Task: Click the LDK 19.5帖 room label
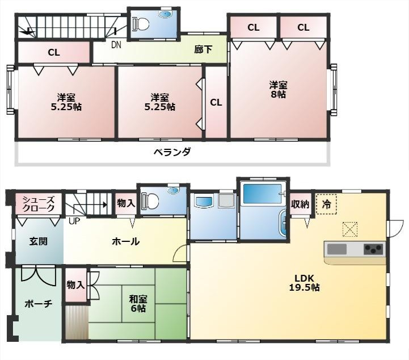(x=304, y=283)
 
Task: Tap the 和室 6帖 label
(x=138, y=304)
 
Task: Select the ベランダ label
(x=172, y=152)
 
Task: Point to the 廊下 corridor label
(x=203, y=49)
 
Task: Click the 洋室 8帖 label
(x=279, y=90)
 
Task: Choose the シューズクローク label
(x=39, y=204)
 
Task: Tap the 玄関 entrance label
(x=39, y=241)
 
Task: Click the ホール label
(x=125, y=241)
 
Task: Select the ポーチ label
(x=39, y=304)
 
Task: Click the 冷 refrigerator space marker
(x=326, y=204)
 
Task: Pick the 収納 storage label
(x=300, y=204)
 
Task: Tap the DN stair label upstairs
(x=116, y=45)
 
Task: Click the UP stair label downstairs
(x=74, y=221)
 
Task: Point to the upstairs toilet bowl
(x=141, y=24)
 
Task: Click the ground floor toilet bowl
(x=150, y=200)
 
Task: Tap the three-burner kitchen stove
(x=374, y=249)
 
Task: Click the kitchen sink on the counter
(x=337, y=249)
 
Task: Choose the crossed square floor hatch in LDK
(x=350, y=229)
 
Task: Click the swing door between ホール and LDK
(x=180, y=253)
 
